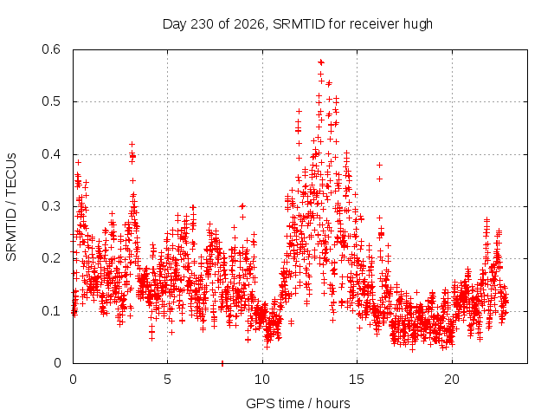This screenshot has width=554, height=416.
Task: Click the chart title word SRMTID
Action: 299,24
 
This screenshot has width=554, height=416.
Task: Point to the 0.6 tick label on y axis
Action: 51,49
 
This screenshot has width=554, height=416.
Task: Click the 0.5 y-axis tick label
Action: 51,101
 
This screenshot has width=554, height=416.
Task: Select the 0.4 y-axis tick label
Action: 51,154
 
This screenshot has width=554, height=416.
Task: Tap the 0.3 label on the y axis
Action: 51,206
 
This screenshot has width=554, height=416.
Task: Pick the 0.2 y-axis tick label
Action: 51,258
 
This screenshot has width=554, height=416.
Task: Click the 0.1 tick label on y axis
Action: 51,311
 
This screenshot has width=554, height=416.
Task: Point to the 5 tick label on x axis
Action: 167,380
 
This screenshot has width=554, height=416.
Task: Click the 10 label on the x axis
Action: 262,380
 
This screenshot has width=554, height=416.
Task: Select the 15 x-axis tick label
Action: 357,380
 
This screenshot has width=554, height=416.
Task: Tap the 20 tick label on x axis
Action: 452,380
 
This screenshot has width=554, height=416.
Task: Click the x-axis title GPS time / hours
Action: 298,404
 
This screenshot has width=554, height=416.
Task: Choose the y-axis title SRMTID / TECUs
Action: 11,206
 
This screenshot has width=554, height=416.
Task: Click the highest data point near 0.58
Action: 321,62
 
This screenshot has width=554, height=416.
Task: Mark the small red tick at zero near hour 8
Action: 222,363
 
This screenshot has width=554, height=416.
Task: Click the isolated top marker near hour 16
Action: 380,165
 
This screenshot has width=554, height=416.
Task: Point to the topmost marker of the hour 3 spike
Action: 132,145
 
